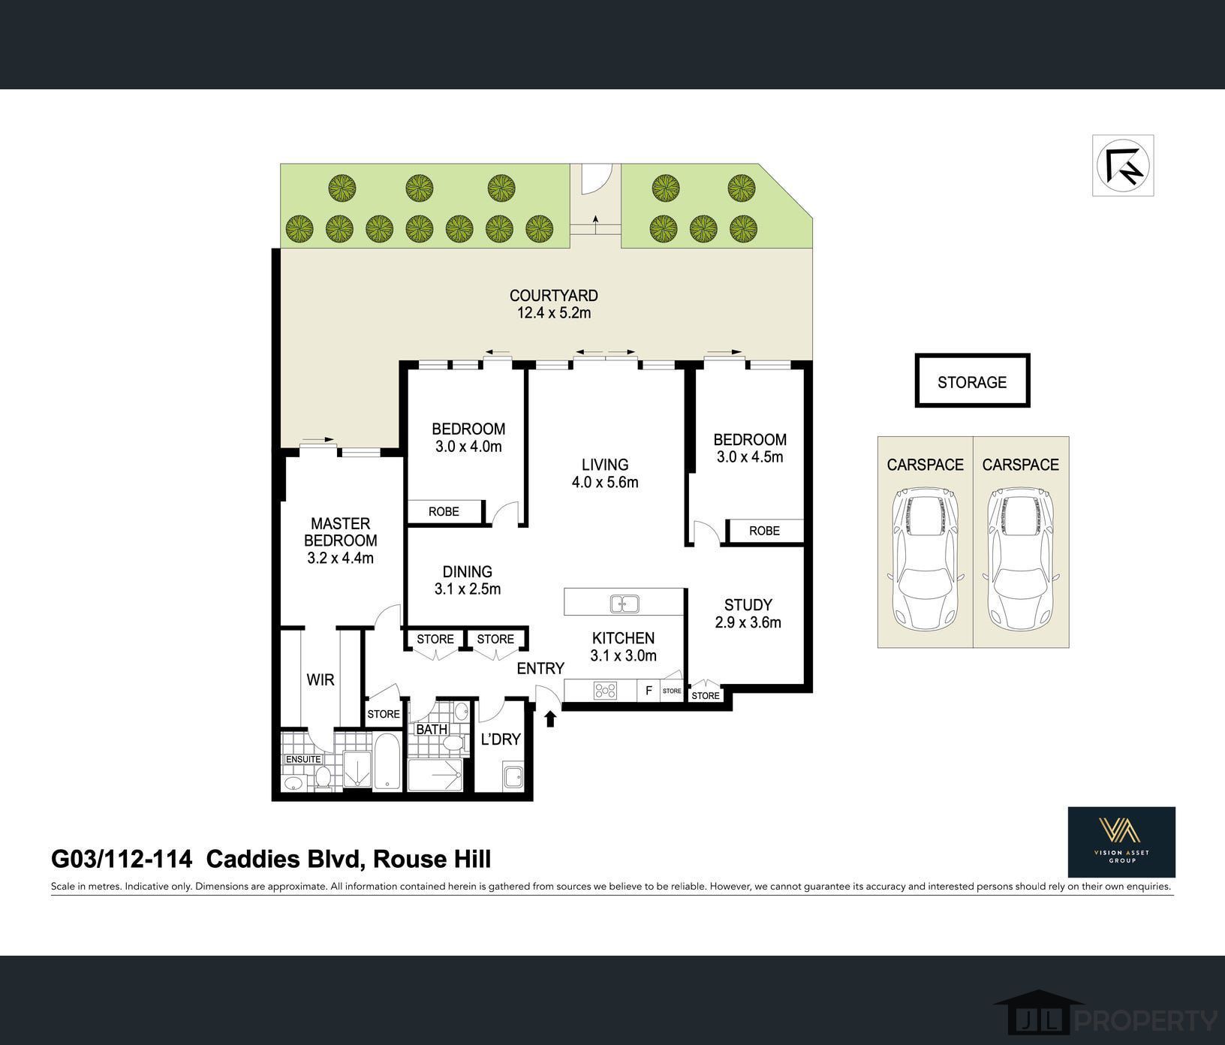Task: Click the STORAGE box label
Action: [972, 382]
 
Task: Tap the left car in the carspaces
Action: [925, 559]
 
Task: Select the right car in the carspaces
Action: [1020, 559]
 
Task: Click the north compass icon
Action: [1122, 165]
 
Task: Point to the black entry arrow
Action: [550, 718]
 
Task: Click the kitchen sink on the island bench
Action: [624, 603]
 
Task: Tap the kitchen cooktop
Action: [605, 690]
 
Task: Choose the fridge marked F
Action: [649, 690]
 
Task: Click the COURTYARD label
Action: [554, 296]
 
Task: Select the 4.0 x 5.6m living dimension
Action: [605, 482]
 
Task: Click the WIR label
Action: [321, 679]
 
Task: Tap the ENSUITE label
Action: [303, 759]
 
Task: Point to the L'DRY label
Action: [501, 739]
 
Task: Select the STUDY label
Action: [748, 604]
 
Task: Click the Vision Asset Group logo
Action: [1121, 842]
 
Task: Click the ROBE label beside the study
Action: [764, 531]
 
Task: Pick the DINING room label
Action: [468, 572]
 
